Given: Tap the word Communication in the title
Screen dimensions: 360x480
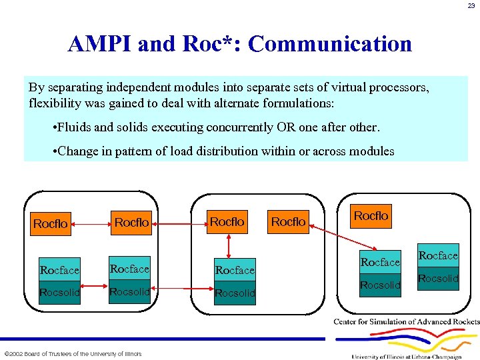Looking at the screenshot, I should coord(329,44).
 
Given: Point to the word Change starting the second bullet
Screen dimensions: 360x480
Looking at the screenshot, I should coord(77,151).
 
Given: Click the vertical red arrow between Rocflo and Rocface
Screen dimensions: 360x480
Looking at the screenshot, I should coord(228,246).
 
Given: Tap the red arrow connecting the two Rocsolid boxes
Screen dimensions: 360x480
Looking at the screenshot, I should coord(181,289).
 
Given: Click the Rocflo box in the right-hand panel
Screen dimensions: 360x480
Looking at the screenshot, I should coord(371,216).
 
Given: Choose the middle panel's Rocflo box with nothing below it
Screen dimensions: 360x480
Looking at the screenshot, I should coord(288,221).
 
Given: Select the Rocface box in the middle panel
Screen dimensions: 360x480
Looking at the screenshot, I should coord(235,270).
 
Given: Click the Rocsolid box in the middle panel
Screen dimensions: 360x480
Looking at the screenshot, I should coord(235,293).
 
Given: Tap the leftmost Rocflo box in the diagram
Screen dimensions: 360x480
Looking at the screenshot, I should coord(51,224).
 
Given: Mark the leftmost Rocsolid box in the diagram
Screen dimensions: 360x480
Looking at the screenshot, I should coord(59,293).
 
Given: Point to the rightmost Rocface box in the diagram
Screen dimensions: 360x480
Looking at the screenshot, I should coord(438,256).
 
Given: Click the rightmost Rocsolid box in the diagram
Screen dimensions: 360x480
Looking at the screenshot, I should coord(438,279).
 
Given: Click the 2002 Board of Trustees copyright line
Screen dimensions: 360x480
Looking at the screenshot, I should coord(73,353).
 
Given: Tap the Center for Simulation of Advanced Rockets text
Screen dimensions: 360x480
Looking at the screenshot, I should coord(407,322).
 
